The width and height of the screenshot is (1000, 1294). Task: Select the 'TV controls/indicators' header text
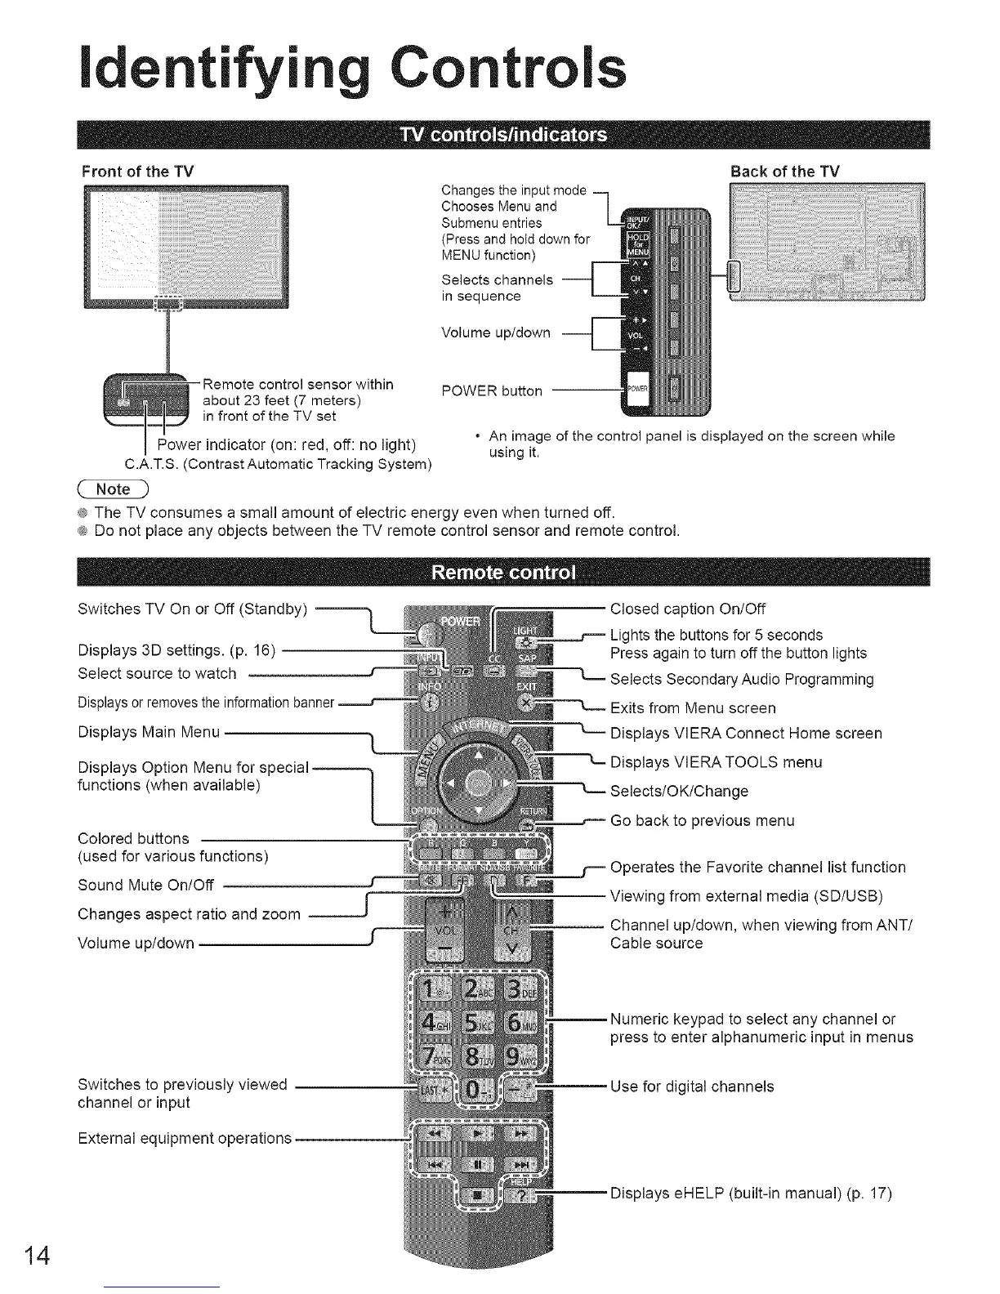(502, 135)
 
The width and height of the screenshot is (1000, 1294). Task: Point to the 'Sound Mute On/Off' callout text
(145, 885)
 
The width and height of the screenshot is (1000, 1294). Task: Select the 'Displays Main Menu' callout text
(149, 732)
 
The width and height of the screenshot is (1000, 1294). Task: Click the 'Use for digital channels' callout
(692, 1087)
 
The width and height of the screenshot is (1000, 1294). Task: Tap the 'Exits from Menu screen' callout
(693, 707)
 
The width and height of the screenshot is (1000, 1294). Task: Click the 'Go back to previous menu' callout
(702, 820)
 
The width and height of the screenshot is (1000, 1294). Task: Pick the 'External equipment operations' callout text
(185, 1138)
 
